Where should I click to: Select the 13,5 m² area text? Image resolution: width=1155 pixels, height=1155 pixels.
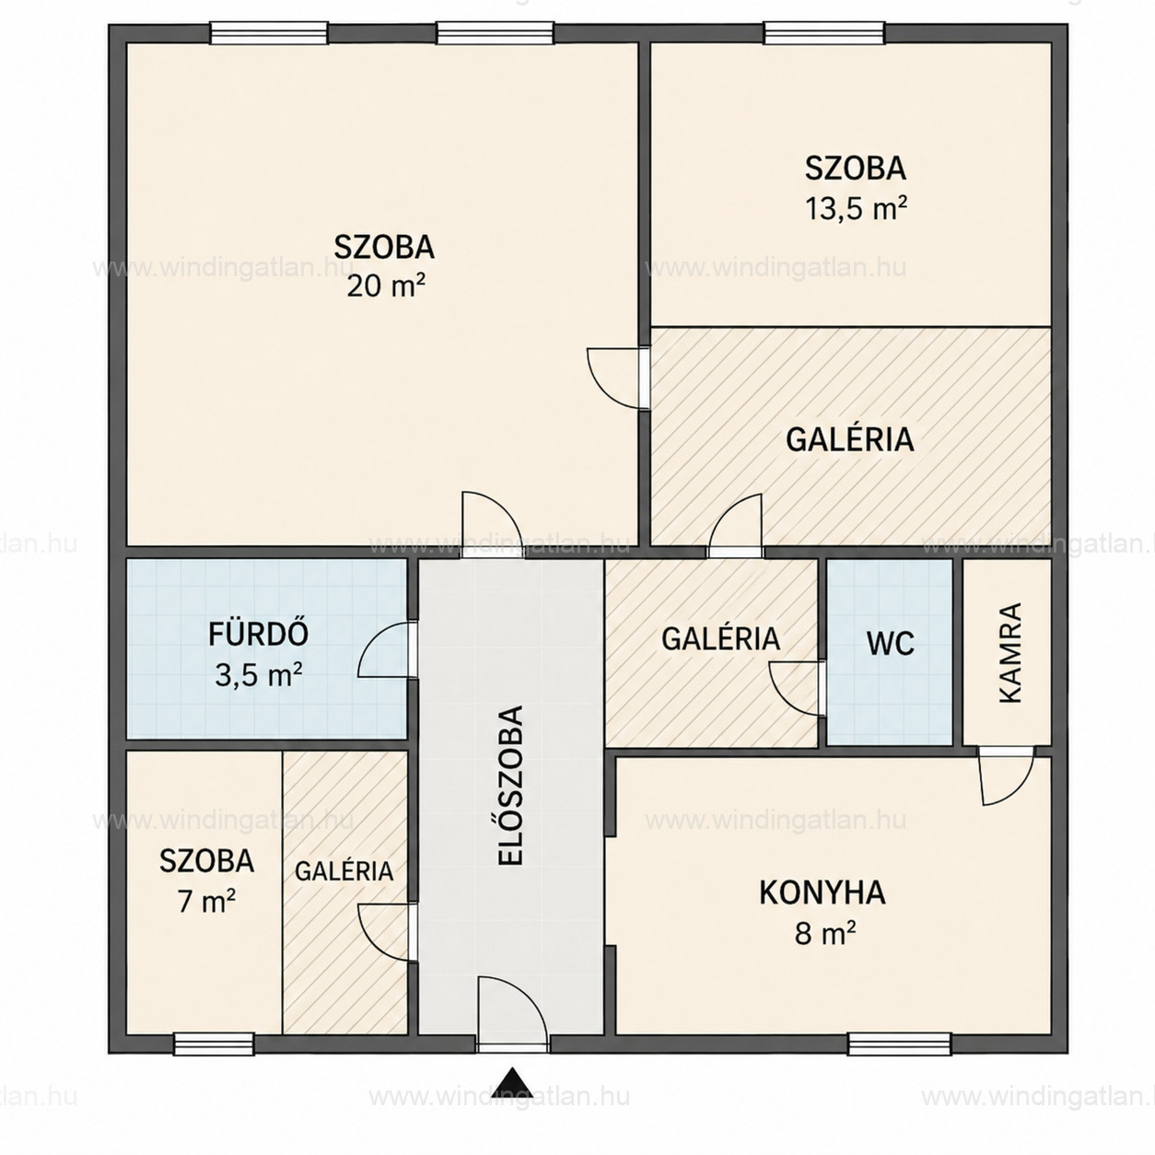tap(856, 208)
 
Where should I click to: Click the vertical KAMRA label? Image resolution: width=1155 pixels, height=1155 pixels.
tap(1010, 653)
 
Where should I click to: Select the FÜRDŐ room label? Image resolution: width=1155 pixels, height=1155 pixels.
tap(258, 634)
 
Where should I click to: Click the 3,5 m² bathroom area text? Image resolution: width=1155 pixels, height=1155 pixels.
tap(258, 675)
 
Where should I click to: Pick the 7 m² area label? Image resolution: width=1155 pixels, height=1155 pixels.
tap(206, 902)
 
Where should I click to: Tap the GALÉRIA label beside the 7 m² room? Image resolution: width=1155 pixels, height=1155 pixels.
tap(344, 871)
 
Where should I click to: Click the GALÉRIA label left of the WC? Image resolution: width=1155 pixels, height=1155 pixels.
tap(721, 639)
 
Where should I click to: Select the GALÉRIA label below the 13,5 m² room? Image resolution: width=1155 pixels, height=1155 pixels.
tap(850, 438)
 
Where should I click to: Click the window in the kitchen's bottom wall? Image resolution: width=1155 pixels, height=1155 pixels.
tap(899, 1044)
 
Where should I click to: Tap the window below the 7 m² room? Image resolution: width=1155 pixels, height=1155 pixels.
tap(214, 1044)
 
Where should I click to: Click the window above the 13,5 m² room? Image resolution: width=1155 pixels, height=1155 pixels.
tap(824, 33)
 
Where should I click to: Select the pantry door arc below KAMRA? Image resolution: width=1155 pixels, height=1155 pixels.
tap(1019, 790)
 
